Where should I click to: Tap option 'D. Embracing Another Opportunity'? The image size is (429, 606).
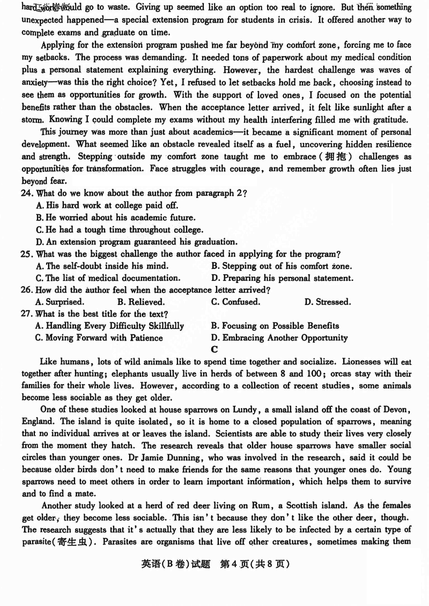click(x=279, y=338)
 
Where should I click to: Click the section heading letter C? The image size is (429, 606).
click(x=214, y=350)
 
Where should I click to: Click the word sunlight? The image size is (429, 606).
click(x=344, y=109)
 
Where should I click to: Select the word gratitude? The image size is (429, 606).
click(x=389, y=121)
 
